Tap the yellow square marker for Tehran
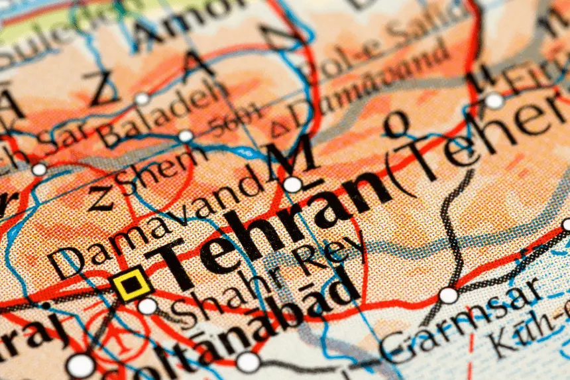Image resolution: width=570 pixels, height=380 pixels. click(x=131, y=284)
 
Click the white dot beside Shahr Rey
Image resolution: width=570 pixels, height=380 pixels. click(x=147, y=306)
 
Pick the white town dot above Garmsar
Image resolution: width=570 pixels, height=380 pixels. click(x=449, y=295)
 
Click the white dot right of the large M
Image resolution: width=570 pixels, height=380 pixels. click(x=292, y=184)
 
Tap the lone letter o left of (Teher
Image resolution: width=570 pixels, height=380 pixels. click(x=398, y=124)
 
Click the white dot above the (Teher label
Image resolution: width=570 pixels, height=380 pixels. click(x=494, y=101)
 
